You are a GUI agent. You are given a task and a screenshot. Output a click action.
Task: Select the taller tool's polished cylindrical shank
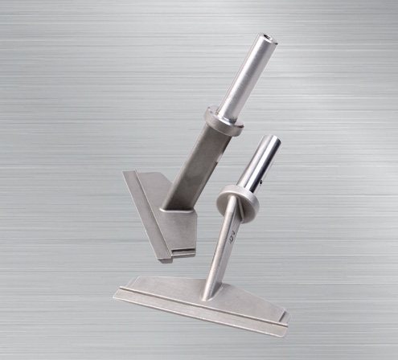coord(245,76)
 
